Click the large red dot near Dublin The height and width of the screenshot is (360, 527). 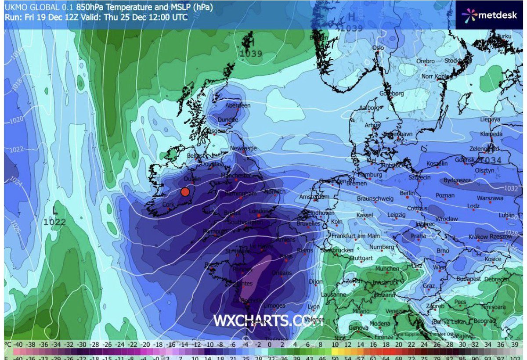[x=185, y=191]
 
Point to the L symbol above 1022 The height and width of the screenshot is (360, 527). [x=54, y=211]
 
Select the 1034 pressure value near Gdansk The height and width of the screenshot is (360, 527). [x=490, y=160]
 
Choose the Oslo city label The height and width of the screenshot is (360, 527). [x=378, y=48]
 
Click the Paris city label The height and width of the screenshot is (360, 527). [x=286, y=256]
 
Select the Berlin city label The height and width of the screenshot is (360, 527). [x=407, y=193]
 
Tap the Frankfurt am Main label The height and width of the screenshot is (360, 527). [x=355, y=236]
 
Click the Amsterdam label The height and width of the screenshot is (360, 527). [x=314, y=197]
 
